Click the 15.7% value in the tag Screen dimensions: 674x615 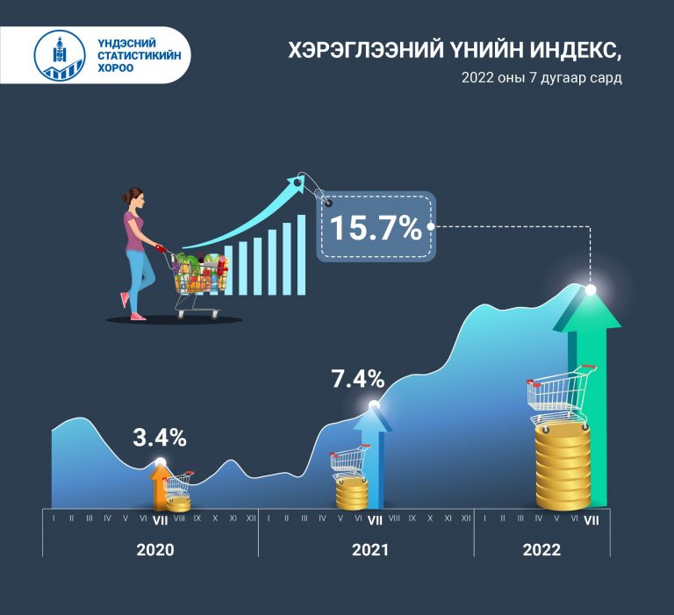pyautogui.click(x=376, y=228)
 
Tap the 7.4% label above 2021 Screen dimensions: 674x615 pyautogui.click(x=358, y=379)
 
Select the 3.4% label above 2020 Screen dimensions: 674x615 pyautogui.click(x=160, y=438)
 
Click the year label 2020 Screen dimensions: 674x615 pyautogui.click(x=155, y=550)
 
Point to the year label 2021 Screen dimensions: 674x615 pyautogui.click(x=370, y=550)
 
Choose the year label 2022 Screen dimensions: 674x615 pyautogui.click(x=541, y=550)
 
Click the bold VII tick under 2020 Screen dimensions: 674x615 pyautogui.click(x=161, y=520)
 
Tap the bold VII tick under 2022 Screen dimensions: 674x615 pyautogui.click(x=592, y=520)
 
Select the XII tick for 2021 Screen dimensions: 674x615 pyautogui.click(x=466, y=518)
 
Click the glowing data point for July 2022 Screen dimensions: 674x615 pyautogui.click(x=591, y=290)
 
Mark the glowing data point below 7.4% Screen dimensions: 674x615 pyautogui.click(x=374, y=404)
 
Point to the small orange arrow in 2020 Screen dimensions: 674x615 pyautogui.click(x=160, y=487)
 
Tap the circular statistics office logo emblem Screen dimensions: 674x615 pyautogui.click(x=60, y=55)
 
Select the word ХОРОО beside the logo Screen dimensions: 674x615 pyautogui.click(x=116, y=68)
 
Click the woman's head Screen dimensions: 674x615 pyautogui.click(x=133, y=198)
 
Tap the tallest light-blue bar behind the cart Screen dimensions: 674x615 pyautogui.click(x=301, y=254)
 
